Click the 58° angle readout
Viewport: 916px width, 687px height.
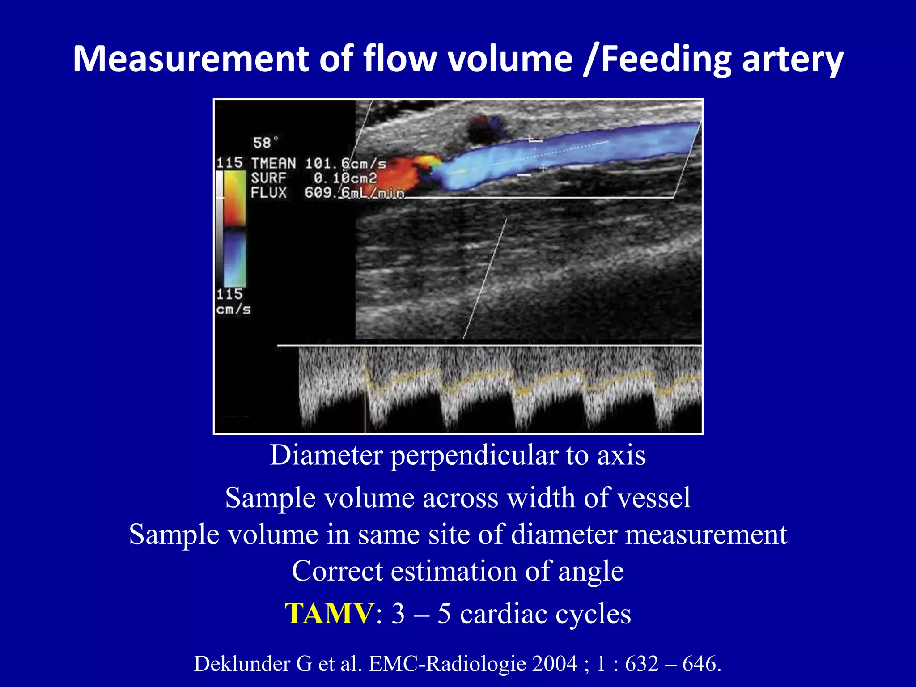pyautogui.click(x=265, y=143)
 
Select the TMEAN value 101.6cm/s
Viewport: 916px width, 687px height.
pyautogui.click(x=345, y=164)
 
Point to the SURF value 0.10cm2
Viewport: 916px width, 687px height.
pyautogui.click(x=345, y=178)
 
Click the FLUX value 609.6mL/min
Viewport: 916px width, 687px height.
pyautogui.click(x=354, y=193)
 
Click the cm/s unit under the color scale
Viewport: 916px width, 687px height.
pyautogui.click(x=233, y=310)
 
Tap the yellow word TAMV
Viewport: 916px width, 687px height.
pyautogui.click(x=329, y=613)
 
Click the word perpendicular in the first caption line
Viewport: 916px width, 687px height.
pyautogui.click(x=474, y=455)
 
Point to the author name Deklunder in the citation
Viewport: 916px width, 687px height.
pyautogui.click(x=242, y=664)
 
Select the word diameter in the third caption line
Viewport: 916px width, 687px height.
pyautogui.click(x=563, y=534)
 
